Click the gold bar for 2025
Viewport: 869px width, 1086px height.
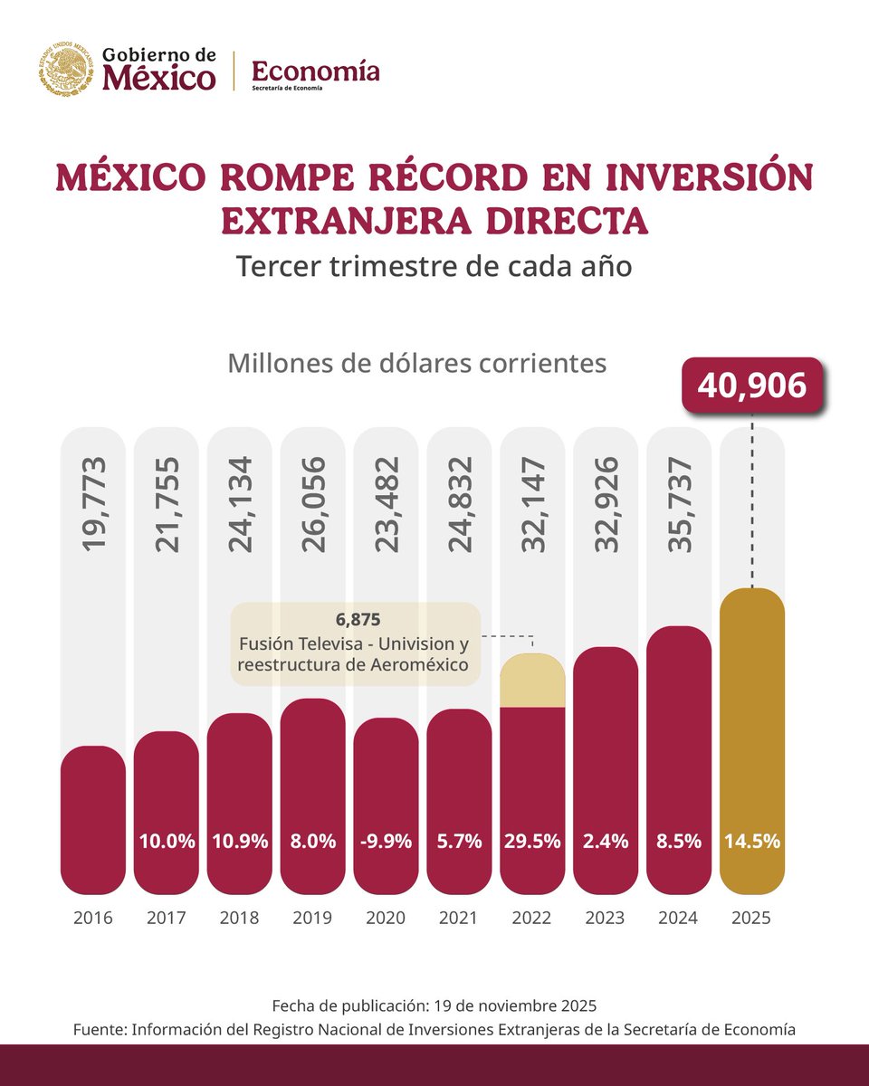[x=751, y=724]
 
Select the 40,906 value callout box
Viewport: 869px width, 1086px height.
[x=751, y=386]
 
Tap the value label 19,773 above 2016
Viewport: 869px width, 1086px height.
[x=93, y=504]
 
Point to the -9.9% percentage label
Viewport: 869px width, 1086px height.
[x=386, y=841]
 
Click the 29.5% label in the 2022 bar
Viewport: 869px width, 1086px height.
[x=532, y=841]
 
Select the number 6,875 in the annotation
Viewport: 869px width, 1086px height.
[x=355, y=622]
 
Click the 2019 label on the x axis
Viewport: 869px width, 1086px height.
[x=312, y=918]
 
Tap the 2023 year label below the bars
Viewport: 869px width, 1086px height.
[x=606, y=918]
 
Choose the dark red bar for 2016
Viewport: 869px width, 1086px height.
[x=93, y=814]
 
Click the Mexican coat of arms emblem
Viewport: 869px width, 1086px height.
[x=65, y=70]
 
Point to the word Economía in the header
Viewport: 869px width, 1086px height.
[x=315, y=70]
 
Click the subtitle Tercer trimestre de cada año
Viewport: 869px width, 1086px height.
[x=434, y=268]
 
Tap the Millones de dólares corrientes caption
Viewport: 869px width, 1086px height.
[x=416, y=363]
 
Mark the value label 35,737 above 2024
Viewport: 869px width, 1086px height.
[x=679, y=504]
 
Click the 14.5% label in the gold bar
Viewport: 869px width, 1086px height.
[x=751, y=841]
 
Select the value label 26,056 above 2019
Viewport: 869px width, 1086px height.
[x=312, y=504]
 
